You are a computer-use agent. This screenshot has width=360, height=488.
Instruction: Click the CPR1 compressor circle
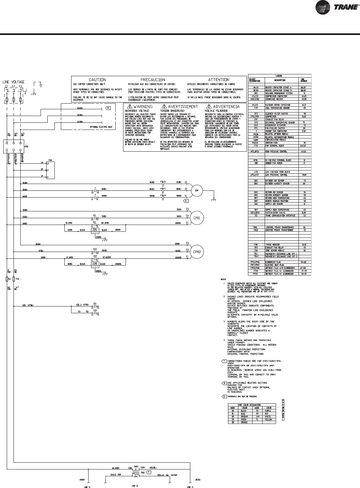point(197,217)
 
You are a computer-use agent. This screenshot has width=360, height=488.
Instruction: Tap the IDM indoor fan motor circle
point(196,190)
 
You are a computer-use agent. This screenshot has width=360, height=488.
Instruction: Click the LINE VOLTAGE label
point(14,82)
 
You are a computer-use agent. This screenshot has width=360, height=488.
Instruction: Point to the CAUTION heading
point(97,80)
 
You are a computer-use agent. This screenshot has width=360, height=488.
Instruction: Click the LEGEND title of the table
point(279,76)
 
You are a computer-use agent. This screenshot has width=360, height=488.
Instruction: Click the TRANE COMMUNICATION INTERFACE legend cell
point(281,216)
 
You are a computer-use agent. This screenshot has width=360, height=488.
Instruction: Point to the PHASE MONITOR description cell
point(276,245)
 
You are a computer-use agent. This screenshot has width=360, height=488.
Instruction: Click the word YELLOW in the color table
point(268,420)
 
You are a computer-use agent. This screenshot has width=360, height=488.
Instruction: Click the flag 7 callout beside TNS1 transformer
point(149,472)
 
